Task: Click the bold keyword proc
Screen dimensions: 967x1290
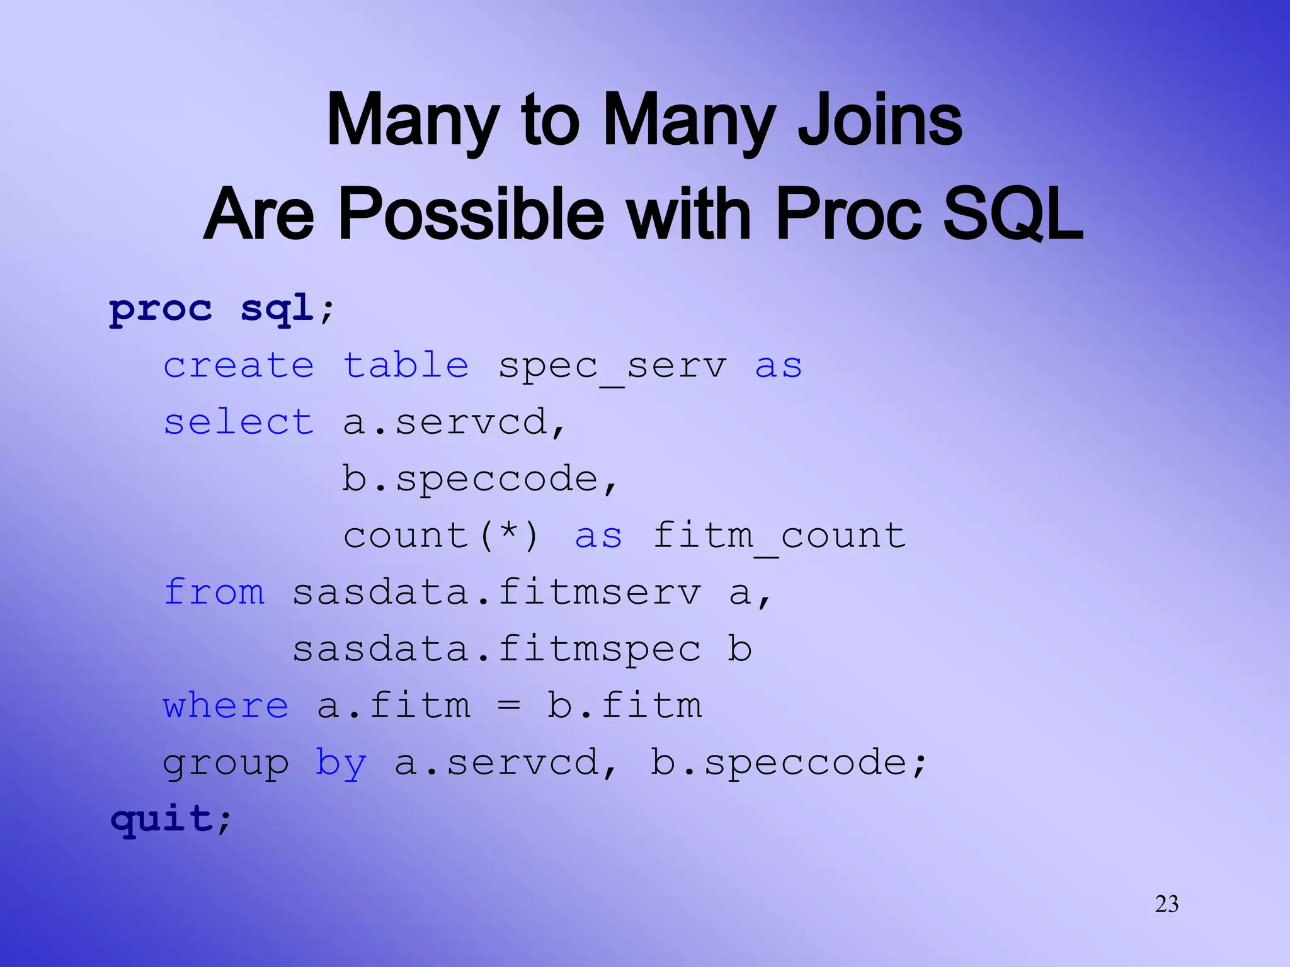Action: pos(161,310)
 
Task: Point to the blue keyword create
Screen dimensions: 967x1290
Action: pos(239,366)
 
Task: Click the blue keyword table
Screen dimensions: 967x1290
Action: pos(406,366)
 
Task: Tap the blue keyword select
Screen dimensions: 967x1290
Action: pos(239,422)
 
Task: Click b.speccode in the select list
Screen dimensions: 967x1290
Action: pos(480,480)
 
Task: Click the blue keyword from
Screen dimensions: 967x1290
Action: pos(214,592)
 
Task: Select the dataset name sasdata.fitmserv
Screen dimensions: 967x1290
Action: pos(496,593)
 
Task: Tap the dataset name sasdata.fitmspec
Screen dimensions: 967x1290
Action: pos(496,650)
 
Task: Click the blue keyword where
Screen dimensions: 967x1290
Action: pos(225,706)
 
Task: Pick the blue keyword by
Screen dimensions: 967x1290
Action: pos(341,764)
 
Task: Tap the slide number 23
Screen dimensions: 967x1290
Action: pos(1167,904)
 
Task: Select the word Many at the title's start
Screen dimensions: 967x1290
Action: pos(413,121)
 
